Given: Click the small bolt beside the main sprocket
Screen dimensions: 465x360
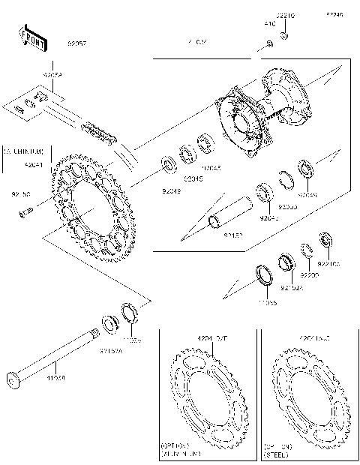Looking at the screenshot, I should coord(24,212).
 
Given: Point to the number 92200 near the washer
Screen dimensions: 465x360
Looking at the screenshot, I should coord(309,275).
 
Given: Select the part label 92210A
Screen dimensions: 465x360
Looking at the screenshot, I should coord(328,263).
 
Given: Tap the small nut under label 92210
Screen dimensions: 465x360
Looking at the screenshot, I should coord(284,35).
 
